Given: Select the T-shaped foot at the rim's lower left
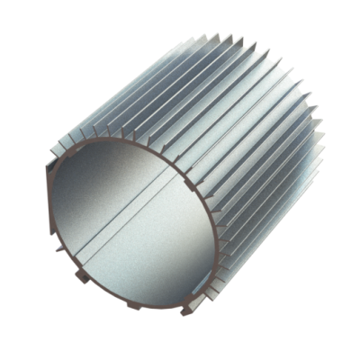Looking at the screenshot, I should pyautogui.click(x=81, y=275).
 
